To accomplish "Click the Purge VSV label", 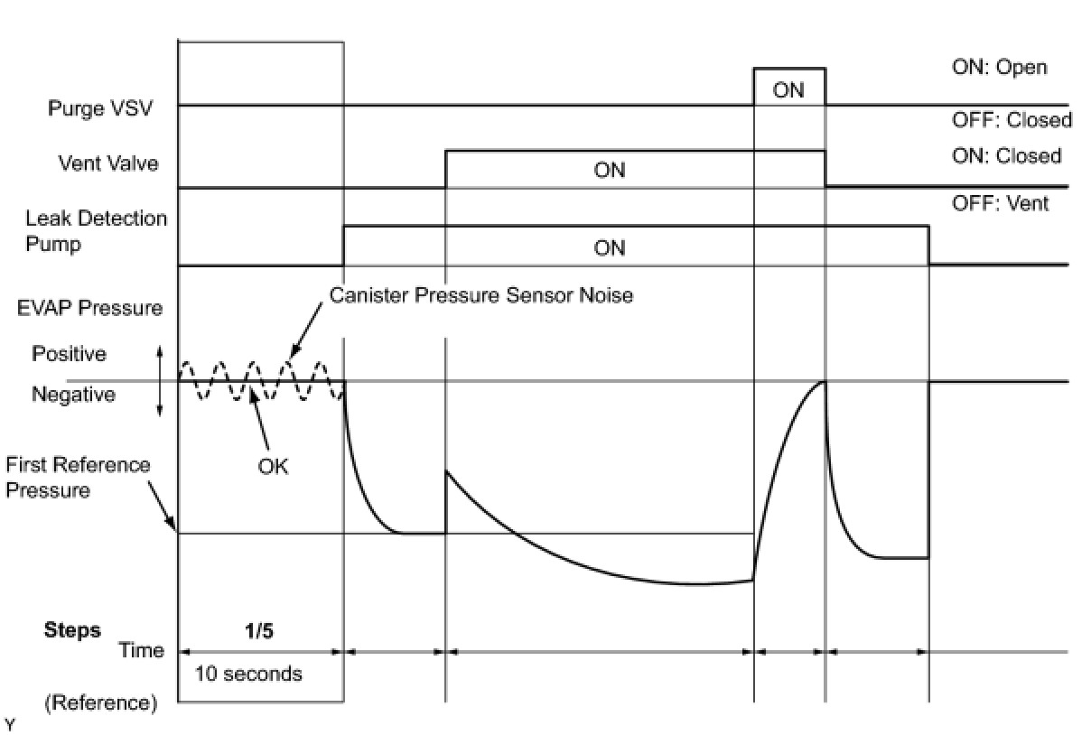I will coord(100,108).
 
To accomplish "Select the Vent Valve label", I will coord(108,163).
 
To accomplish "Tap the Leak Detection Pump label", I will coord(96,231).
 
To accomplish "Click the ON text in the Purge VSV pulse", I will coord(788,90).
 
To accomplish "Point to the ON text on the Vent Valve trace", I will coord(610,170).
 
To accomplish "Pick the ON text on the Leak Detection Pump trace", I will coord(610,247).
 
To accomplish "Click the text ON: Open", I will coord(999,68).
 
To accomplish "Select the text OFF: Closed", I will coord(1012,120).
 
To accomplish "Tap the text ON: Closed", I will coord(1006,156).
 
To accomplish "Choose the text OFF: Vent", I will coord(1000,203).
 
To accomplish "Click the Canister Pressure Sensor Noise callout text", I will coord(480,295).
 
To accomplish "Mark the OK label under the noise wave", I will coord(273,468).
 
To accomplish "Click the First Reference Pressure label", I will coord(78,478).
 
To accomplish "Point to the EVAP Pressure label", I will coord(89,308).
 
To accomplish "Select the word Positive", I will coord(69,354).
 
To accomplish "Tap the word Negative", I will coord(73,395).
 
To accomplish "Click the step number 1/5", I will coord(259,631).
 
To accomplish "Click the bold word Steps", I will coord(72,630).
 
